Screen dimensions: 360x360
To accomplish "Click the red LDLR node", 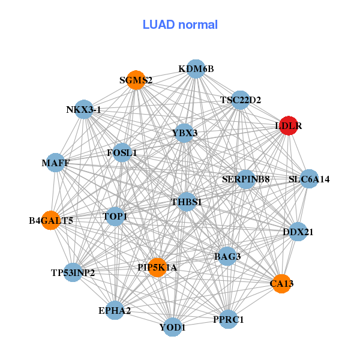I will point(289,126).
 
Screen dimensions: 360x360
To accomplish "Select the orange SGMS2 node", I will point(136,80).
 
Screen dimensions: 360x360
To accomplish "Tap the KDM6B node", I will point(196,69).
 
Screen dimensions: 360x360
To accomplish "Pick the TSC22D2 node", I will point(241,100).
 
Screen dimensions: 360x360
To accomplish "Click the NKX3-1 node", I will point(84,110).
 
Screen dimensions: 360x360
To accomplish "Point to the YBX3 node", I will point(184,133).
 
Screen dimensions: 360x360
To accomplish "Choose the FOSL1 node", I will point(122,152).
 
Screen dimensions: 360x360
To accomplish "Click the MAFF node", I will point(56,163).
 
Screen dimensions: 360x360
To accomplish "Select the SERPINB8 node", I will point(246,179).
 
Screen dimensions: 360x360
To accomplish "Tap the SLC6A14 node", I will point(309,179).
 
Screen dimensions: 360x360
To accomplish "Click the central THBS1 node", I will point(186,202).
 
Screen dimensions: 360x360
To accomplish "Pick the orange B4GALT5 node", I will point(51,220).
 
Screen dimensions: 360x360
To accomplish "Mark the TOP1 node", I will point(115,216).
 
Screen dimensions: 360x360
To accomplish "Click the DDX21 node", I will point(298,232).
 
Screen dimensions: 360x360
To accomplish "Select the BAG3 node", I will point(227,257).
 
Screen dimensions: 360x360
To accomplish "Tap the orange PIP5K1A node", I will point(157,267).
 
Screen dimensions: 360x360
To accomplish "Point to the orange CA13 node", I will point(282,283).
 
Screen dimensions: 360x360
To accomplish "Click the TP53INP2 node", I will point(73,272).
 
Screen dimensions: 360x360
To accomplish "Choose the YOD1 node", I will point(173,328).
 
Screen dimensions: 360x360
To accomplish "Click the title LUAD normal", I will point(180,25).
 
